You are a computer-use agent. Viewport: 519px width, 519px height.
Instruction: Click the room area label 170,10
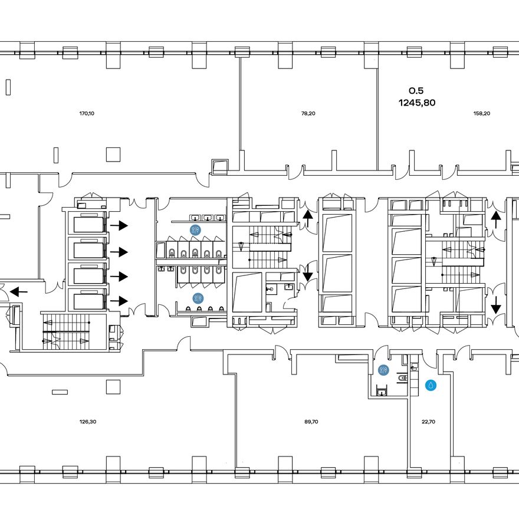[x=87, y=113]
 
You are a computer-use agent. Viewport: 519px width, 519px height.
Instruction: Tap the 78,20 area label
[x=308, y=113]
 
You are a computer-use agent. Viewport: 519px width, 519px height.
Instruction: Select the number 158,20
[x=482, y=113]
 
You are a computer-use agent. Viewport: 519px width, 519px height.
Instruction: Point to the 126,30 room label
[x=88, y=422]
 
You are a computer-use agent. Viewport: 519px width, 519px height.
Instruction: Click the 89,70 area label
[x=311, y=422]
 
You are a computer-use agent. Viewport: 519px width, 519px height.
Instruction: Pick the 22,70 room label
[x=429, y=422]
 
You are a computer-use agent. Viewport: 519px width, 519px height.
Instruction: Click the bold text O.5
[x=416, y=91]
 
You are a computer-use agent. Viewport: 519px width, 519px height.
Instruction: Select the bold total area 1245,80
[x=417, y=103]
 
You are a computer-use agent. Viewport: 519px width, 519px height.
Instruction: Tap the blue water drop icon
[x=431, y=385]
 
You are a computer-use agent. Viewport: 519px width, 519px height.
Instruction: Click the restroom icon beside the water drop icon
[x=383, y=370]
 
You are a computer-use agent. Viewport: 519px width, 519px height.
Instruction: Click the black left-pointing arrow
[x=18, y=292]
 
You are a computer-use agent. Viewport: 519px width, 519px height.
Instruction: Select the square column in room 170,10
[x=113, y=155]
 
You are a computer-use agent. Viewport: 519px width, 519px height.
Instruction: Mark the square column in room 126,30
[x=113, y=387]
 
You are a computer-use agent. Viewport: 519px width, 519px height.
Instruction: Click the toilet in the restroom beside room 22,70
[x=402, y=378]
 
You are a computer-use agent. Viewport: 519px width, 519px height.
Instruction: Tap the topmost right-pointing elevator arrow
[x=119, y=226]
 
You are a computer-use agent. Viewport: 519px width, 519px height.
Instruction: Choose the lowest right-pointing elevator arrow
[x=119, y=301]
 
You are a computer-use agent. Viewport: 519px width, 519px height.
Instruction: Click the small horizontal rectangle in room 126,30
[x=60, y=392]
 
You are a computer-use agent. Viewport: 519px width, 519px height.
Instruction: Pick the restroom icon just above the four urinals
[x=198, y=298]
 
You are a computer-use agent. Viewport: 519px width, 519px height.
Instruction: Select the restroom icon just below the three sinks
[x=195, y=229]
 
